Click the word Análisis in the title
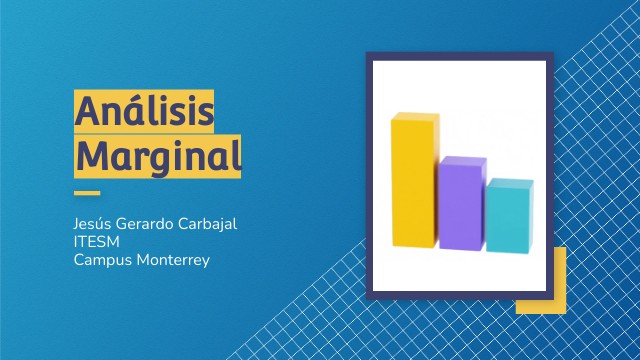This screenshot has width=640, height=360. pos(144,111)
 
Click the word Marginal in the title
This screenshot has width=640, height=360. pos(158,157)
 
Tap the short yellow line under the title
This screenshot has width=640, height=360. pos(88,193)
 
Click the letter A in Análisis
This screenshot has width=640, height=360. pos(87,111)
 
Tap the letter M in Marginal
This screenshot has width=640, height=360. pos(91,156)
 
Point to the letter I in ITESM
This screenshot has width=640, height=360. pos(76,241)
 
